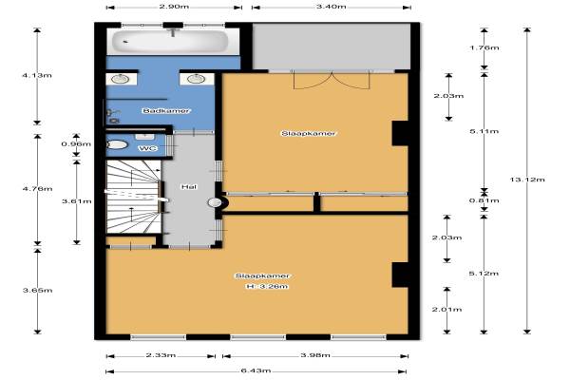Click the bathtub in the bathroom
[170, 42]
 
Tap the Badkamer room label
[166, 110]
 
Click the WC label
[148, 148]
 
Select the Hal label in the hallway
[189, 186]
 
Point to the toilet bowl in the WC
[117, 144]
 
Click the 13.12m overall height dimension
[527, 180]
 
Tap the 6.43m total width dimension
[256, 370]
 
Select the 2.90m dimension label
[174, 7]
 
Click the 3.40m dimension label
[331, 7]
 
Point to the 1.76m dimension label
[484, 47]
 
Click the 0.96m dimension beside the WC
[76, 144]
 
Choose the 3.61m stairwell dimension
[77, 201]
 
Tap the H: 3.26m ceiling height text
[267, 287]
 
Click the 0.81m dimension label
[484, 200]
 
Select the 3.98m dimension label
[315, 355]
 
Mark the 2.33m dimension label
[161, 355]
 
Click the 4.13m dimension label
[37, 75]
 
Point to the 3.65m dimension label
[37, 290]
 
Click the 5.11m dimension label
[484, 131]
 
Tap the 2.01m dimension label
[446, 310]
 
